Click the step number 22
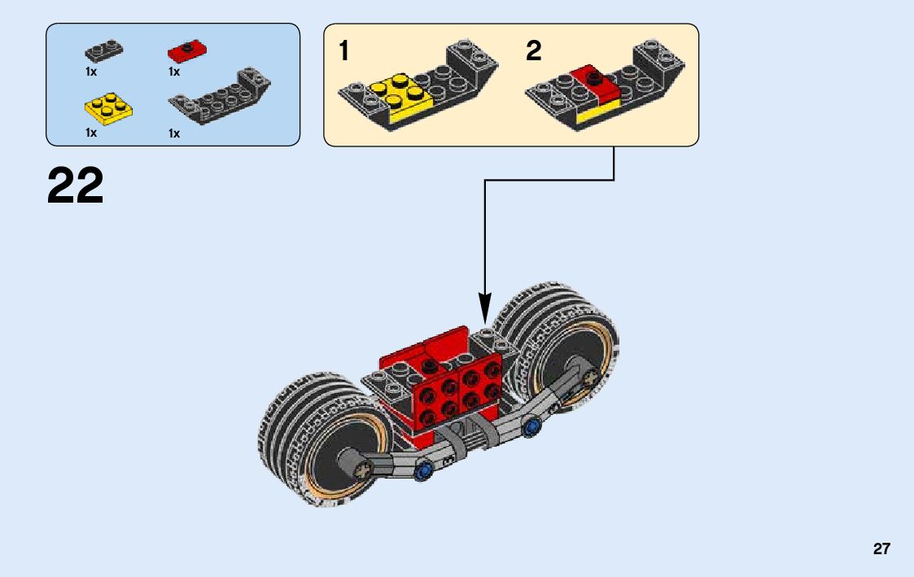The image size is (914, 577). tap(76, 186)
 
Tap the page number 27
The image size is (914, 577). tap(881, 549)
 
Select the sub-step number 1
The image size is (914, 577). tap(344, 52)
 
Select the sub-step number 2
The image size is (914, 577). tap(533, 52)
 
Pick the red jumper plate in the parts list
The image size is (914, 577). tap(186, 51)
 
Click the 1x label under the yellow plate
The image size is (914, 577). tap(91, 133)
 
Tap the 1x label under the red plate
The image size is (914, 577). tap(174, 72)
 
